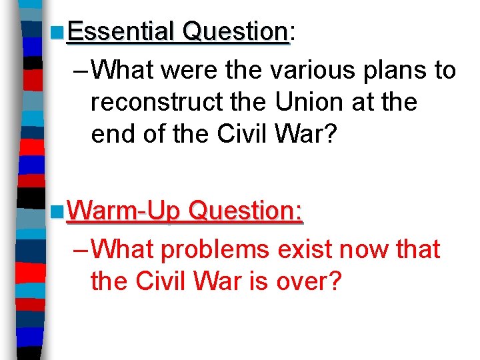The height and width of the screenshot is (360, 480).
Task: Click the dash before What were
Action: (x=79, y=69)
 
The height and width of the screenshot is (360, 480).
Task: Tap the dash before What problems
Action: (x=79, y=249)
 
